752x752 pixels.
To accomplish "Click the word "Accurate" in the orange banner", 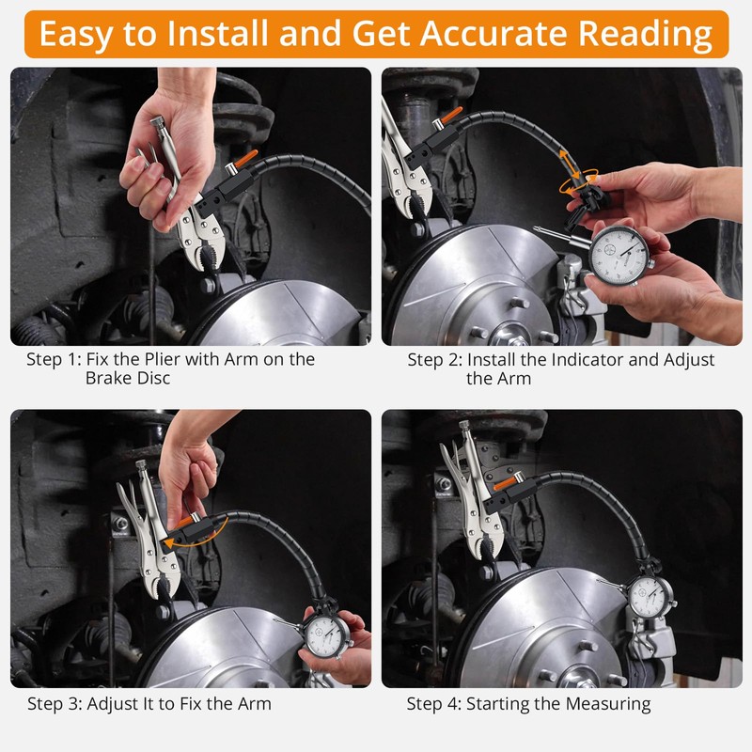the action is click(494, 34).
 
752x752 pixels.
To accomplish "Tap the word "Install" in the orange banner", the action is click(217, 34).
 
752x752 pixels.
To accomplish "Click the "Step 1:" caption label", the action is click(54, 359).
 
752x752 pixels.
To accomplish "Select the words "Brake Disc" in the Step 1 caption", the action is click(128, 379).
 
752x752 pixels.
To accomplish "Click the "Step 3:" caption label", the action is click(55, 703).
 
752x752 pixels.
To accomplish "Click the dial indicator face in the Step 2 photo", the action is click(619, 255).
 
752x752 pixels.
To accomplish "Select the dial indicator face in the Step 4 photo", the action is click(650, 597).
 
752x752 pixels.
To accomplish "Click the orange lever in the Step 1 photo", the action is click(245, 158).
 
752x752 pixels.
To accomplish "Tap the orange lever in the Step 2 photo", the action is click(450, 115).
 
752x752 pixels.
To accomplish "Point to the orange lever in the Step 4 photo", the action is click(505, 483).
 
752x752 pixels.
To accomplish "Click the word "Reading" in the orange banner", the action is click(645, 35).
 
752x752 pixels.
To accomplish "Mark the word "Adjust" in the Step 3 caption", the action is click(111, 703).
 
